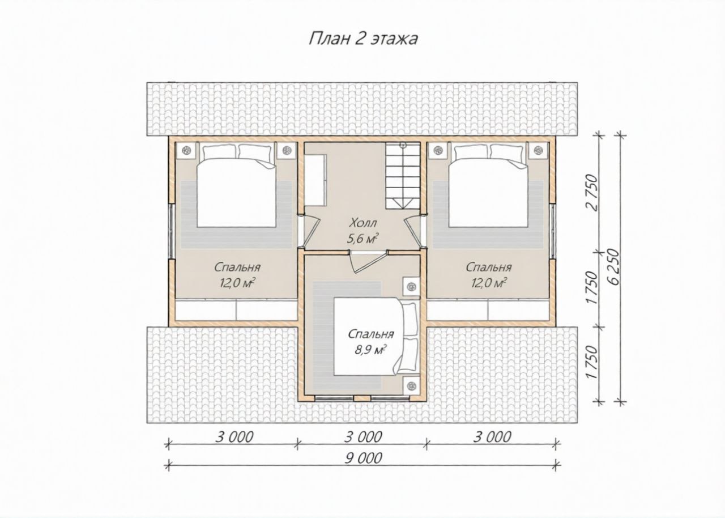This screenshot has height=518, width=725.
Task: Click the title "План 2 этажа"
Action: tap(363, 39)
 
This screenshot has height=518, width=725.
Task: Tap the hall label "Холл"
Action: tap(363, 223)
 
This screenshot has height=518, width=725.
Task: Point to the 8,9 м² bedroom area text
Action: tap(371, 350)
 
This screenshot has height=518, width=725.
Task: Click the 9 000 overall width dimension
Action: tap(363, 458)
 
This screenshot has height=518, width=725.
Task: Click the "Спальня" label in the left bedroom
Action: tap(237, 268)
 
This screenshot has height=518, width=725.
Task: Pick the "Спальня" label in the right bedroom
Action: tap(489, 268)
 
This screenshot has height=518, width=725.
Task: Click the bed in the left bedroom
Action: tap(237, 185)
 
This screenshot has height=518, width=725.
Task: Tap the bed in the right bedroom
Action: tap(488, 185)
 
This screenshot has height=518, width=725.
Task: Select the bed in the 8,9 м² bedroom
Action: tap(375, 337)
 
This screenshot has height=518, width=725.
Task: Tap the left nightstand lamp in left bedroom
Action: tap(186, 150)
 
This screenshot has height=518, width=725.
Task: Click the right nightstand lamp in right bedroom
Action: tap(538, 150)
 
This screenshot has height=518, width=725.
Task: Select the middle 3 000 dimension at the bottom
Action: tap(363, 437)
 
